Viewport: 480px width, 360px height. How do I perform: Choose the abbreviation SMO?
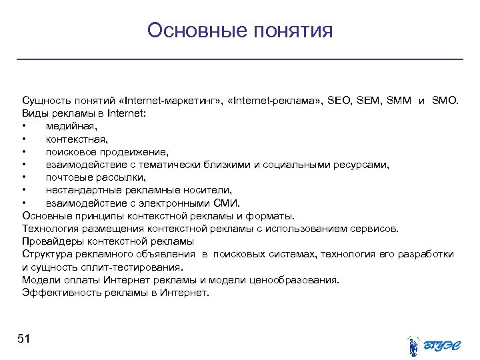[445, 101]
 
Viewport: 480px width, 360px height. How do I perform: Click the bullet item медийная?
[71, 127]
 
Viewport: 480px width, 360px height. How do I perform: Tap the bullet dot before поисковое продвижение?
[23, 152]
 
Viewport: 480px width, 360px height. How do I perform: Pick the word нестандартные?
[81, 190]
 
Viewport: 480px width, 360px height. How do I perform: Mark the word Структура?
[47, 253]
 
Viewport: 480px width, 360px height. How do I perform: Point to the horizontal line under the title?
[240, 60]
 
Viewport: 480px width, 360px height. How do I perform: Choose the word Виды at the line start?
[34, 114]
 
